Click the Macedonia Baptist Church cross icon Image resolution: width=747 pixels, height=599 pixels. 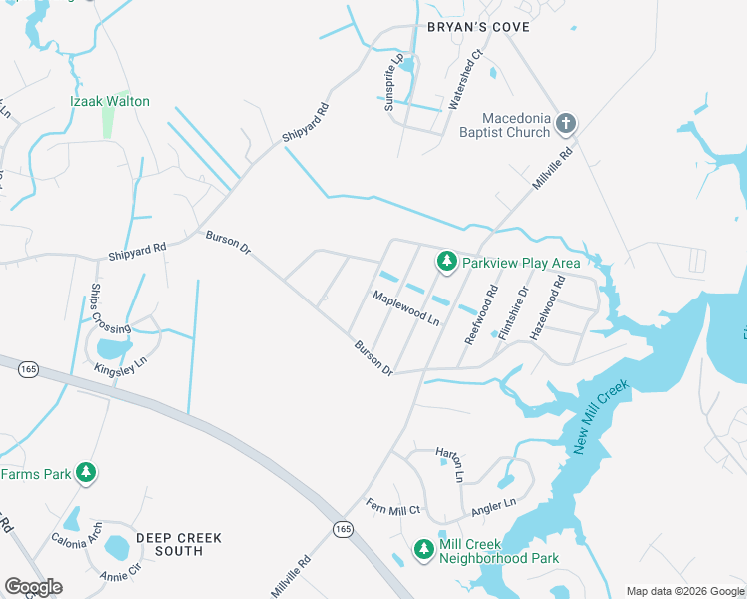[565, 123]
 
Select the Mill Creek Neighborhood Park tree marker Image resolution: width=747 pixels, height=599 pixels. [424, 549]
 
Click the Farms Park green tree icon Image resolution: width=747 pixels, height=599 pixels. [87, 473]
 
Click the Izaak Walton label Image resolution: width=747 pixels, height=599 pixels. [110, 101]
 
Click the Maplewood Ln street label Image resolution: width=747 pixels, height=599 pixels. [406, 308]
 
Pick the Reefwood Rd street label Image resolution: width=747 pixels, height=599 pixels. [481, 315]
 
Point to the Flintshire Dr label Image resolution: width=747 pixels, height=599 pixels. [513, 312]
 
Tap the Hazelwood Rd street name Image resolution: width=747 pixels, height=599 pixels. [547, 309]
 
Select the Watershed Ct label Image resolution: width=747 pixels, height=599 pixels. [465, 79]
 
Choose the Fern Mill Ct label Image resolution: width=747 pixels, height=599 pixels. [393, 508]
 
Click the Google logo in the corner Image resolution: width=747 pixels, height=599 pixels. [33, 587]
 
